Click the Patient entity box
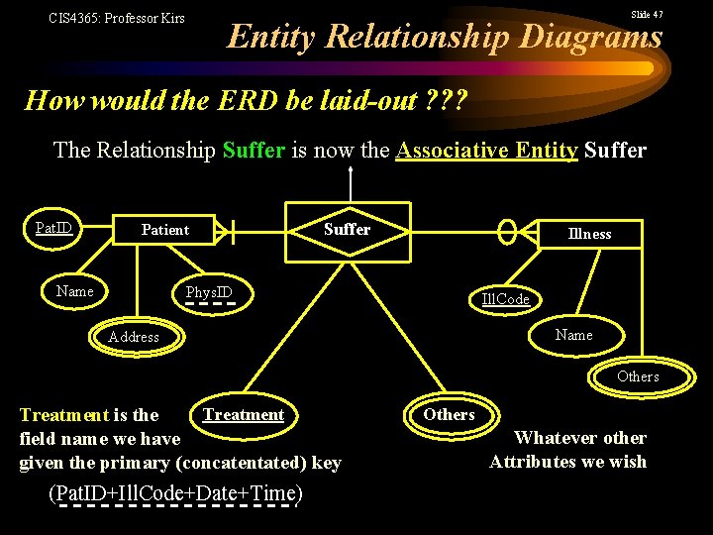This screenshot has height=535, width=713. pos(165,230)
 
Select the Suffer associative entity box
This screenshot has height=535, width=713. pos(348,230)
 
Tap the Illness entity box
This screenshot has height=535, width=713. pos(589,234)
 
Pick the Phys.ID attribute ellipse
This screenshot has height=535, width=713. pos(209,292)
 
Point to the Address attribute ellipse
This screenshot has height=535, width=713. pos(134,337)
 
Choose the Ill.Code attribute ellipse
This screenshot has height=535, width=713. pos(505,299)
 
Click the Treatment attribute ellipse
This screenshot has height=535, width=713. pos(244,415)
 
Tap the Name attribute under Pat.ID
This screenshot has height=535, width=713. pos(75,291)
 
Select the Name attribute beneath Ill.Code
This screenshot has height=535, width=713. pos(574,335)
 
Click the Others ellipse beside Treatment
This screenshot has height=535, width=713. pos(450,415)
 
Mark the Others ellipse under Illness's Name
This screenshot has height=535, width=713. pos(638,376)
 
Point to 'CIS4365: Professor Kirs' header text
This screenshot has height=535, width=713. pos(117,18)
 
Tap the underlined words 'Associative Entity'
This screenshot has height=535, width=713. pos(486,151)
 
